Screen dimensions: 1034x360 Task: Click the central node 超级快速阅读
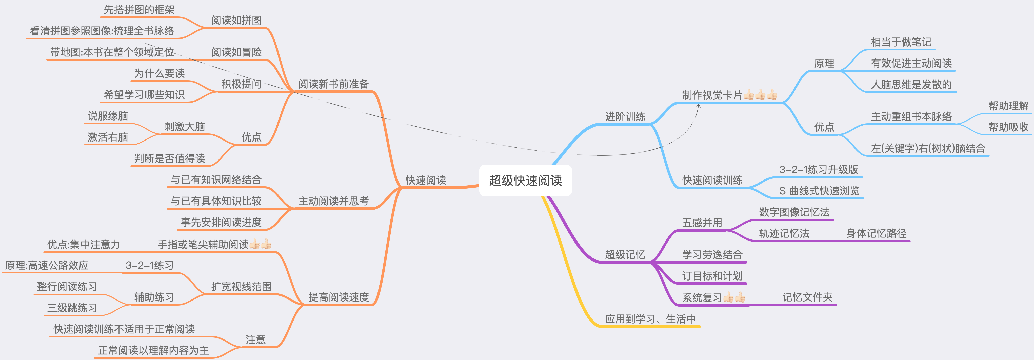pos(525,181)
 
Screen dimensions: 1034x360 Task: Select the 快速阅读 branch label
pos(426,180)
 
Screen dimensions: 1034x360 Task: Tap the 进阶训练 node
pos(625,116)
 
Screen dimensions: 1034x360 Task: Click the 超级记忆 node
pos(625,254)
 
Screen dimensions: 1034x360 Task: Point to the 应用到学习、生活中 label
pos(650,319)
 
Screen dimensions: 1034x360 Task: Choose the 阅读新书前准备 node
pos(333,84)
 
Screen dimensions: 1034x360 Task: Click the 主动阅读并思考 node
pos(333,201)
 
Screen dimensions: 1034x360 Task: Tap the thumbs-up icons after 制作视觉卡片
pos(760,95)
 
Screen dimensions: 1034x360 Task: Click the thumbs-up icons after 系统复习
pos(734,297)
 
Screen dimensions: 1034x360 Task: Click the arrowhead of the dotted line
pos(699,106)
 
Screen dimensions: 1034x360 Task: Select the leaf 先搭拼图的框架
pos(139,10)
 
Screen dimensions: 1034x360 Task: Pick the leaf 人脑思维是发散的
pos(911,84)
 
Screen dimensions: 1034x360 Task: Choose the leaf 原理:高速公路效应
pos(47,265)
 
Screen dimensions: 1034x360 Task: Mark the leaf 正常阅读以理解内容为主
pos(153,350)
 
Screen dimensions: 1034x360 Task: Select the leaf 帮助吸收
pos(1008,127)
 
